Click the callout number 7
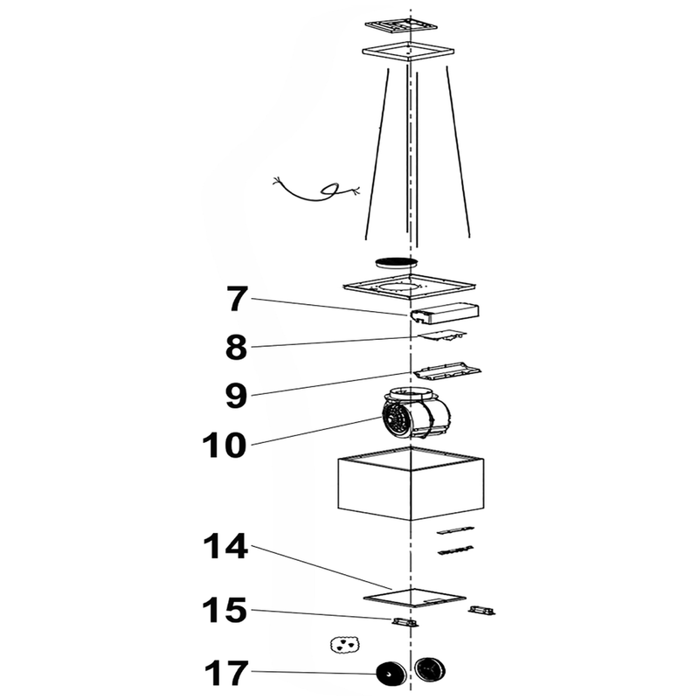[x=237, y=300]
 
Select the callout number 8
[x=236, y=348]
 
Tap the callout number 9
[x=236, y=397]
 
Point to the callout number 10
[x=225, y=445]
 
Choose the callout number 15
[x=225, y=610]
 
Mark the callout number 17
[x=226, y=673]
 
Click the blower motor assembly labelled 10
[x=417, y=412]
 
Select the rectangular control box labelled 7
[x=445, y=312]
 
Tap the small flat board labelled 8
[x=442, y=336]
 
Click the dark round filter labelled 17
[x=391, y=675]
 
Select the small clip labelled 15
[x=405, y=622]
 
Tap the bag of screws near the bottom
[x=344, y=645]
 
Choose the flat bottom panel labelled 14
[x=414, y=598]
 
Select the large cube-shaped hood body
[x=411, y=483]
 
